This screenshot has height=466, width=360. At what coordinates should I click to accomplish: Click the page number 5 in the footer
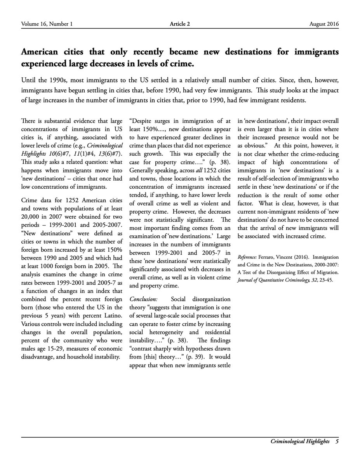(x=337, y=442)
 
